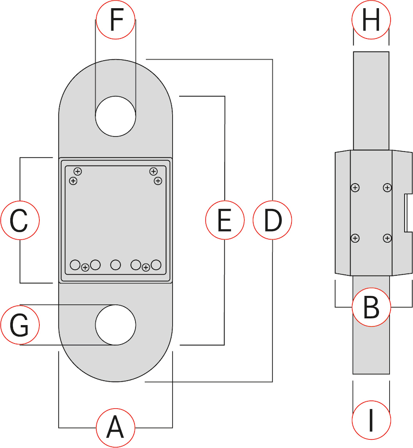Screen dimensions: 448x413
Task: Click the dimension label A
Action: pos(116,428)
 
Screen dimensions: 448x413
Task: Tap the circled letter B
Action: pos(371,308)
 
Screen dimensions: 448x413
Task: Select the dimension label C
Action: pos(20,221)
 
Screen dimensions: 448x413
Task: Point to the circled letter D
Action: pos(272,221)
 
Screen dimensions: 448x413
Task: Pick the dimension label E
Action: pos(225,221)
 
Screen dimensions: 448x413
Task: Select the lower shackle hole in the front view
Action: pos(116,325)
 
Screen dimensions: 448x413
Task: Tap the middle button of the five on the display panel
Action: pos(116,265)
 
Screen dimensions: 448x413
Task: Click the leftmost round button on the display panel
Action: pos(75,265)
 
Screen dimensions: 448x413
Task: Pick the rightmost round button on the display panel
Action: pos(156,265)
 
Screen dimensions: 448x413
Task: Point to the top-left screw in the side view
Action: pos(355,187)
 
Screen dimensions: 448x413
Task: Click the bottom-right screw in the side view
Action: pos(387,238)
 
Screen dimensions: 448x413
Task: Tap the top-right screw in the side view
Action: pos(387,187)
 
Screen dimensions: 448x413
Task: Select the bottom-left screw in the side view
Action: pos(355,238)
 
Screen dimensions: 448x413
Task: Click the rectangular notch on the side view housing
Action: pos(407,212)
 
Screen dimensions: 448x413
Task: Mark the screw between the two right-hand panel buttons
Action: pos(146,267)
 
